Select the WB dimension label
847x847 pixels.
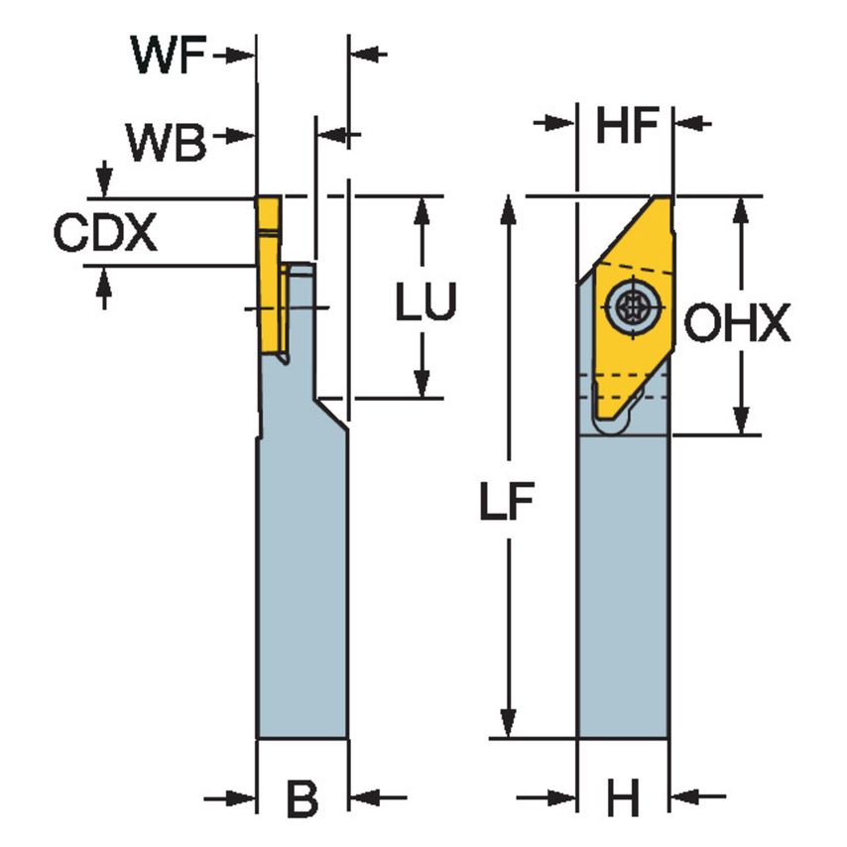[166, 145]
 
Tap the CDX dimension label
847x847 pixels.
[105, 234]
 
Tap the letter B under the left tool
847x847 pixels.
[302, 798]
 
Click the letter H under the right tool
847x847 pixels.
[623, 798]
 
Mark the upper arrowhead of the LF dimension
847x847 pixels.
[509, 207]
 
